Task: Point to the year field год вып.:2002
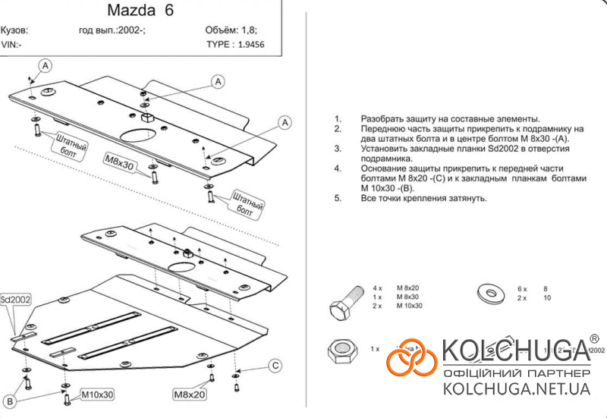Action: coord(112,31)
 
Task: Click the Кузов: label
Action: coord(14,31)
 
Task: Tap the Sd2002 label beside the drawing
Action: coord(15,299)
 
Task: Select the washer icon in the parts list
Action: coord(488,293)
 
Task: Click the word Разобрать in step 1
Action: coord(384,120)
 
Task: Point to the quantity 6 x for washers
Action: coord(521,288)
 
